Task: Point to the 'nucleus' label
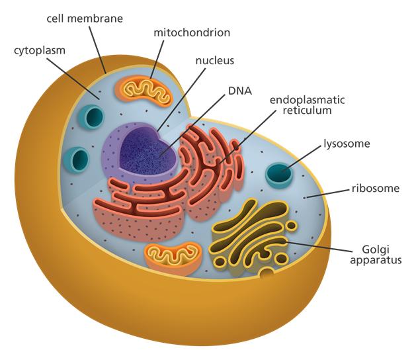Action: point(214,62)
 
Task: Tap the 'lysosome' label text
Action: point(346,144)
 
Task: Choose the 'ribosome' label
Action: point(374,189)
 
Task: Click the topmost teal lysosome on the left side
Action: point(90,117)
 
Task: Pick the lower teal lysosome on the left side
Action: point(78,159)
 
